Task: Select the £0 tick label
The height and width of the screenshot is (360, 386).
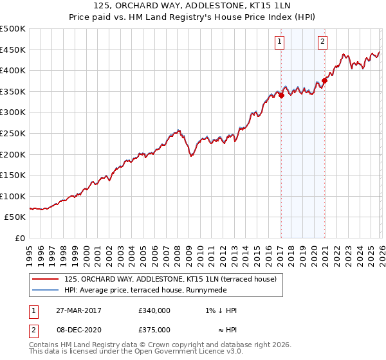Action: coord(20,238)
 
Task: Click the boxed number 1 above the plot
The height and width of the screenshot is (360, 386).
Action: coord(280,42)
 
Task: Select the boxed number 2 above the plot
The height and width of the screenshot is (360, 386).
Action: coord(322,42)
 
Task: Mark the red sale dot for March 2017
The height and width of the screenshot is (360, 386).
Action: coord(281,96)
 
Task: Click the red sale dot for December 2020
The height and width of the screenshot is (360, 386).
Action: coord(324,80)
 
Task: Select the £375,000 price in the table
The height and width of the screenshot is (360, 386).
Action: coord(154,329)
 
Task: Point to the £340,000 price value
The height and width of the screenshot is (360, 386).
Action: coord(154,310)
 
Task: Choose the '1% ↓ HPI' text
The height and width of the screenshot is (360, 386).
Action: coord(221,310)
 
